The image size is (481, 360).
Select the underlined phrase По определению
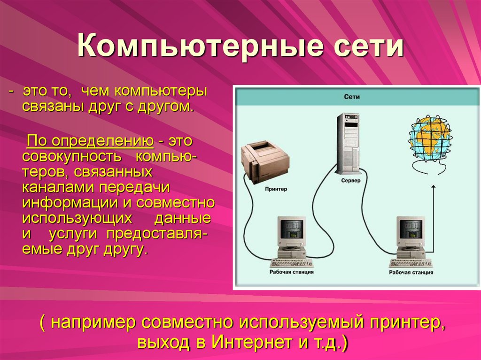coord(90,141)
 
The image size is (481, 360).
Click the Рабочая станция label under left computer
coord(292,272)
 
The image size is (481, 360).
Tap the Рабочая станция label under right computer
coord(411,272)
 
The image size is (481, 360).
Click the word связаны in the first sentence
coord(52,106)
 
